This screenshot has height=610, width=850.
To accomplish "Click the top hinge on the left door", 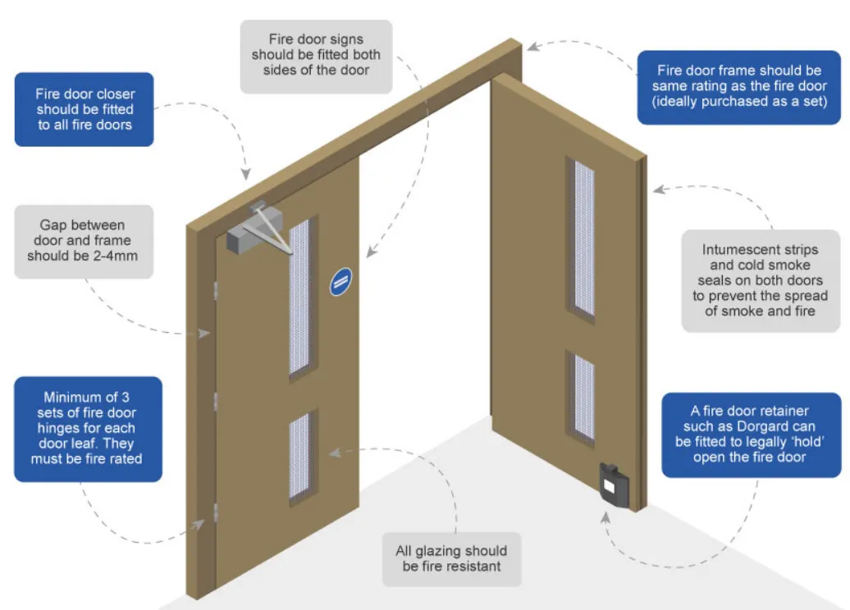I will tap(215, 289).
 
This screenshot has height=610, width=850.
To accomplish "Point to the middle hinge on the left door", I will tap(215, 401).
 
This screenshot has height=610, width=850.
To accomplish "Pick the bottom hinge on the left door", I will tap(215, 513).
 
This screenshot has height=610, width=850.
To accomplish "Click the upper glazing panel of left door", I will tap(300, 296).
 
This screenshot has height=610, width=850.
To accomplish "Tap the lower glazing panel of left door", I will tap(300, 457).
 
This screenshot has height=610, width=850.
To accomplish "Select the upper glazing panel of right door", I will tap(583, 238).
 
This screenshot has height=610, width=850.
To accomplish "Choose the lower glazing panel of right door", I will tap(583, 397).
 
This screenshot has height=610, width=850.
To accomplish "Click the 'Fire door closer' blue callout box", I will tap(85, 109).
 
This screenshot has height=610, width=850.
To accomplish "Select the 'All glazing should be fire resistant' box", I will tap(450, 558).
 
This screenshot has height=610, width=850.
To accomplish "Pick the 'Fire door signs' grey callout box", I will tap(316, 54).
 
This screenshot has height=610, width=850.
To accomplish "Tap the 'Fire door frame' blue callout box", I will tap(738, 86).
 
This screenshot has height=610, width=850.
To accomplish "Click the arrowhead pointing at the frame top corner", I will tap(533, 47).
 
